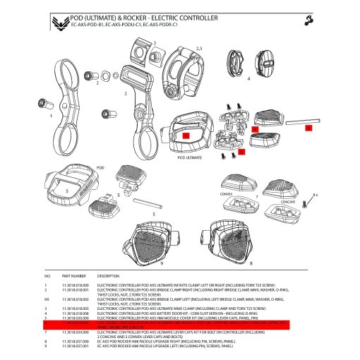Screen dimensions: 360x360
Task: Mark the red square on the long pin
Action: [x=308, y=128]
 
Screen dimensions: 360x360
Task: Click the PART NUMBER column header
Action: [x=73, y=276]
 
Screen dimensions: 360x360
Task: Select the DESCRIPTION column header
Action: [x=109, y=276]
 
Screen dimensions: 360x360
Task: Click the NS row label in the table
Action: [x=48, y=300]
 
